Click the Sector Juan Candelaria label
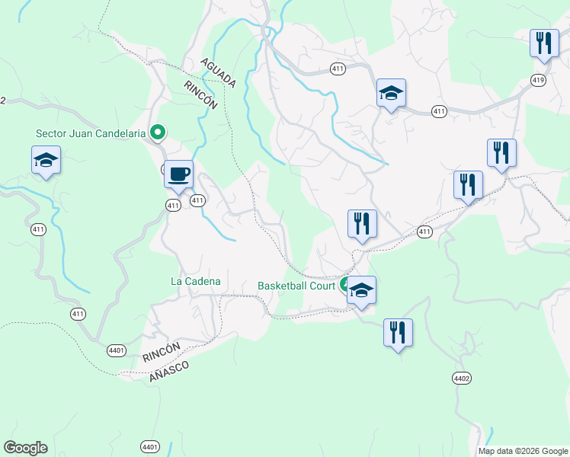pos(90,133)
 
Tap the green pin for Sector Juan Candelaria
pos(158,133)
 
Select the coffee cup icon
pos(178,174)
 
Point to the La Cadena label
pos(196,281)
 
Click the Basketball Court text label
pos(296,286)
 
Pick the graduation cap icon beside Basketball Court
pos(361,290)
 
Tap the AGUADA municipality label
pos(219,71)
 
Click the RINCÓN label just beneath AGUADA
pos(201,95)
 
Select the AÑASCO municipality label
pos(169,370)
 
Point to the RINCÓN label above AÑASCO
pos(161,352)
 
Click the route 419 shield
pos(539,80)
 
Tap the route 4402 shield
pos(462,378)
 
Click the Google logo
pos(25,448)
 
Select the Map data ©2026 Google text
pos(523,451)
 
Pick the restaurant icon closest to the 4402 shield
pos(398,333)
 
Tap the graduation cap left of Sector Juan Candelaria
pos(46,160)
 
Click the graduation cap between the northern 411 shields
pos(391,94)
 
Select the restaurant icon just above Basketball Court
pos(362,224)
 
